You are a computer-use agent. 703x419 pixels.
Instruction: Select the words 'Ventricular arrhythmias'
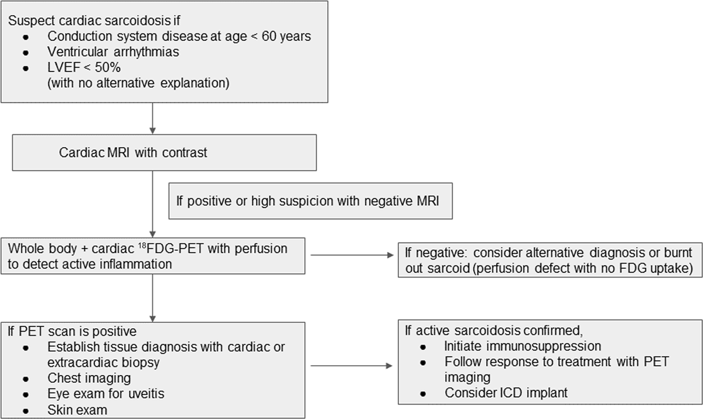pos(113,52)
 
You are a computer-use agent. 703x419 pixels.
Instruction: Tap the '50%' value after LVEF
pos(108,67)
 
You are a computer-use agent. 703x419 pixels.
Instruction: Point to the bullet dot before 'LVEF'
pos(26,68)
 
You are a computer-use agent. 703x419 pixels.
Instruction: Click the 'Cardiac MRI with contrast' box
pos(165,152)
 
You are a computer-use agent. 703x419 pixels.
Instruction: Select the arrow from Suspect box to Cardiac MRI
pos(152,118)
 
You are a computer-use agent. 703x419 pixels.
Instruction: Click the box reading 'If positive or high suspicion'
pos(310,201)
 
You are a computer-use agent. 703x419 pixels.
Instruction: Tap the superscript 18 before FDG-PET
pos(142,245)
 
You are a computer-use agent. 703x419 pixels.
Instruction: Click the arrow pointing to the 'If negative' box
pos(352,255)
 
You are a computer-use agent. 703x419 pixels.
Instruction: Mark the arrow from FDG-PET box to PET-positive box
pos(152,298)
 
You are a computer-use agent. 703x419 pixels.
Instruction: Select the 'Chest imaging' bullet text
pos(89,378)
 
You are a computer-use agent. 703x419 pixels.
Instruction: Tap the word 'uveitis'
pos(145,394)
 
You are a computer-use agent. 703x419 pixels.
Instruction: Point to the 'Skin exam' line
pos(77,410)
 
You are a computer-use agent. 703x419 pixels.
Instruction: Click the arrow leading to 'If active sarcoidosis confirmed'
pos(351,366)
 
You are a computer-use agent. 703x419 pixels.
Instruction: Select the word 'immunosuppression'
pos(523,346)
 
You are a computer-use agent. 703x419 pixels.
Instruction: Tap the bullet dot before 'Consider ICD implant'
pos(423,394)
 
